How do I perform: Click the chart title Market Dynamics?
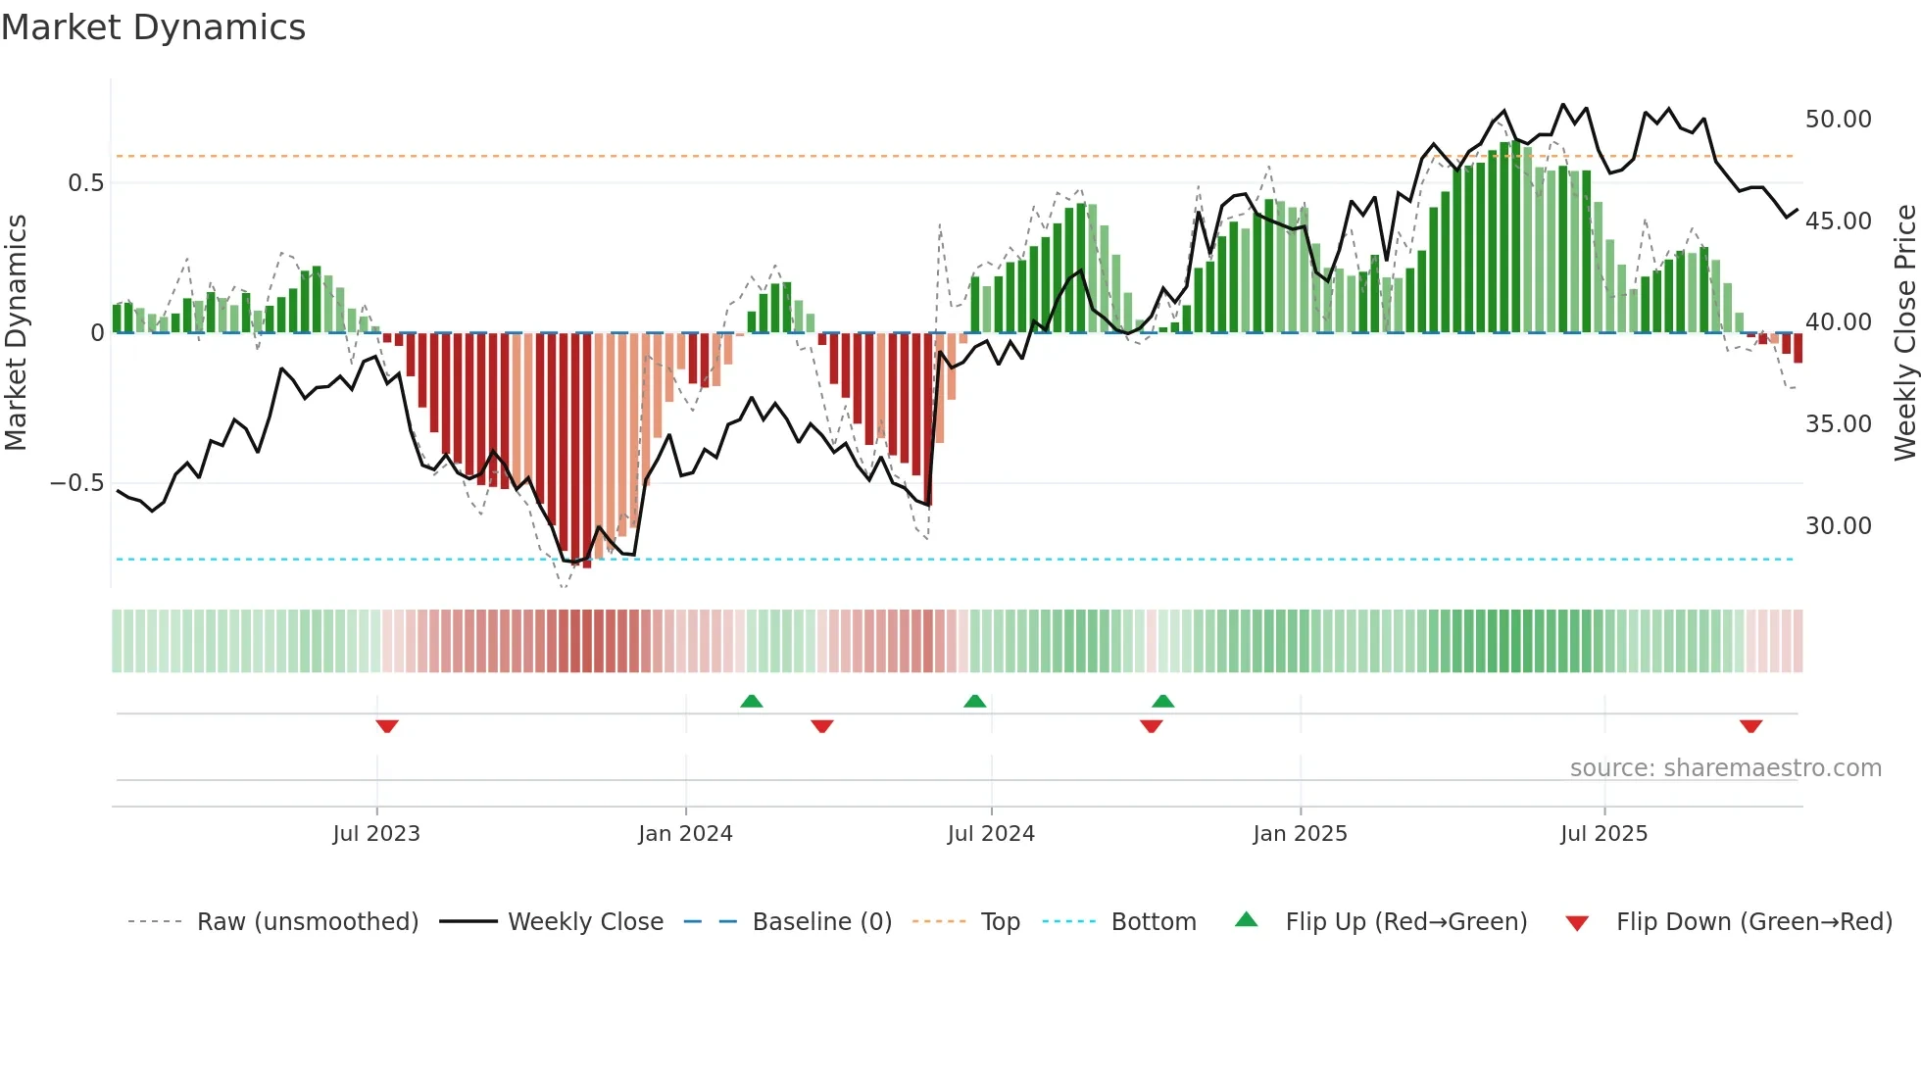click(153, 27)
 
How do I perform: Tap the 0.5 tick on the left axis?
click(85, 183)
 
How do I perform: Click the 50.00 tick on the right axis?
click(1838, 120)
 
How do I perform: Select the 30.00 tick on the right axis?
click(1838, 526)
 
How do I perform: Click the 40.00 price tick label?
click(1838, 322)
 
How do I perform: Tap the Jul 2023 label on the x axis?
click(376, 834)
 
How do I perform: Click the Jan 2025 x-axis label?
click(1300, 834)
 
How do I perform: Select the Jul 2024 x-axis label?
click(991, 834)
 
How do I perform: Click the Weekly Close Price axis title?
click(1904, 333)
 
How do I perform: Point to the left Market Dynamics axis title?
click(16, 333)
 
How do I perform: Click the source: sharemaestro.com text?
click(1725, 768)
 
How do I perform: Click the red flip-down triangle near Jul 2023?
click(387, 726)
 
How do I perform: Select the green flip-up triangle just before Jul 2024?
click(974, 702)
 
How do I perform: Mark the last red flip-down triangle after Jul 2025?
click(1750, 726)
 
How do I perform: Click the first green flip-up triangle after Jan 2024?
click(751, 702)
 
